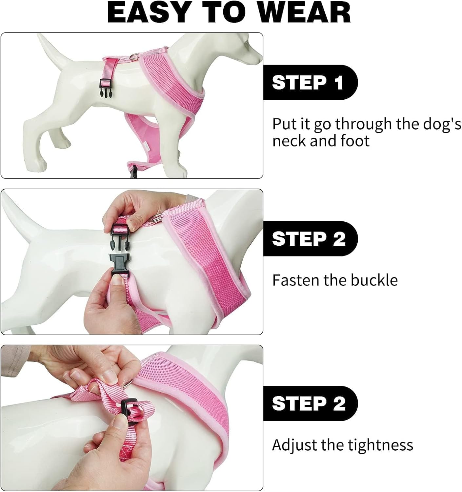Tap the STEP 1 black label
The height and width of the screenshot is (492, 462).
[x=308, y=82]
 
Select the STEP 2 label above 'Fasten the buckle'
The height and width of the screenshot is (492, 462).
[x=308, y=238]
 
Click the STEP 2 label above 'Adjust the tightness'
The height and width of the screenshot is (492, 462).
[x=308, y=403]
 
